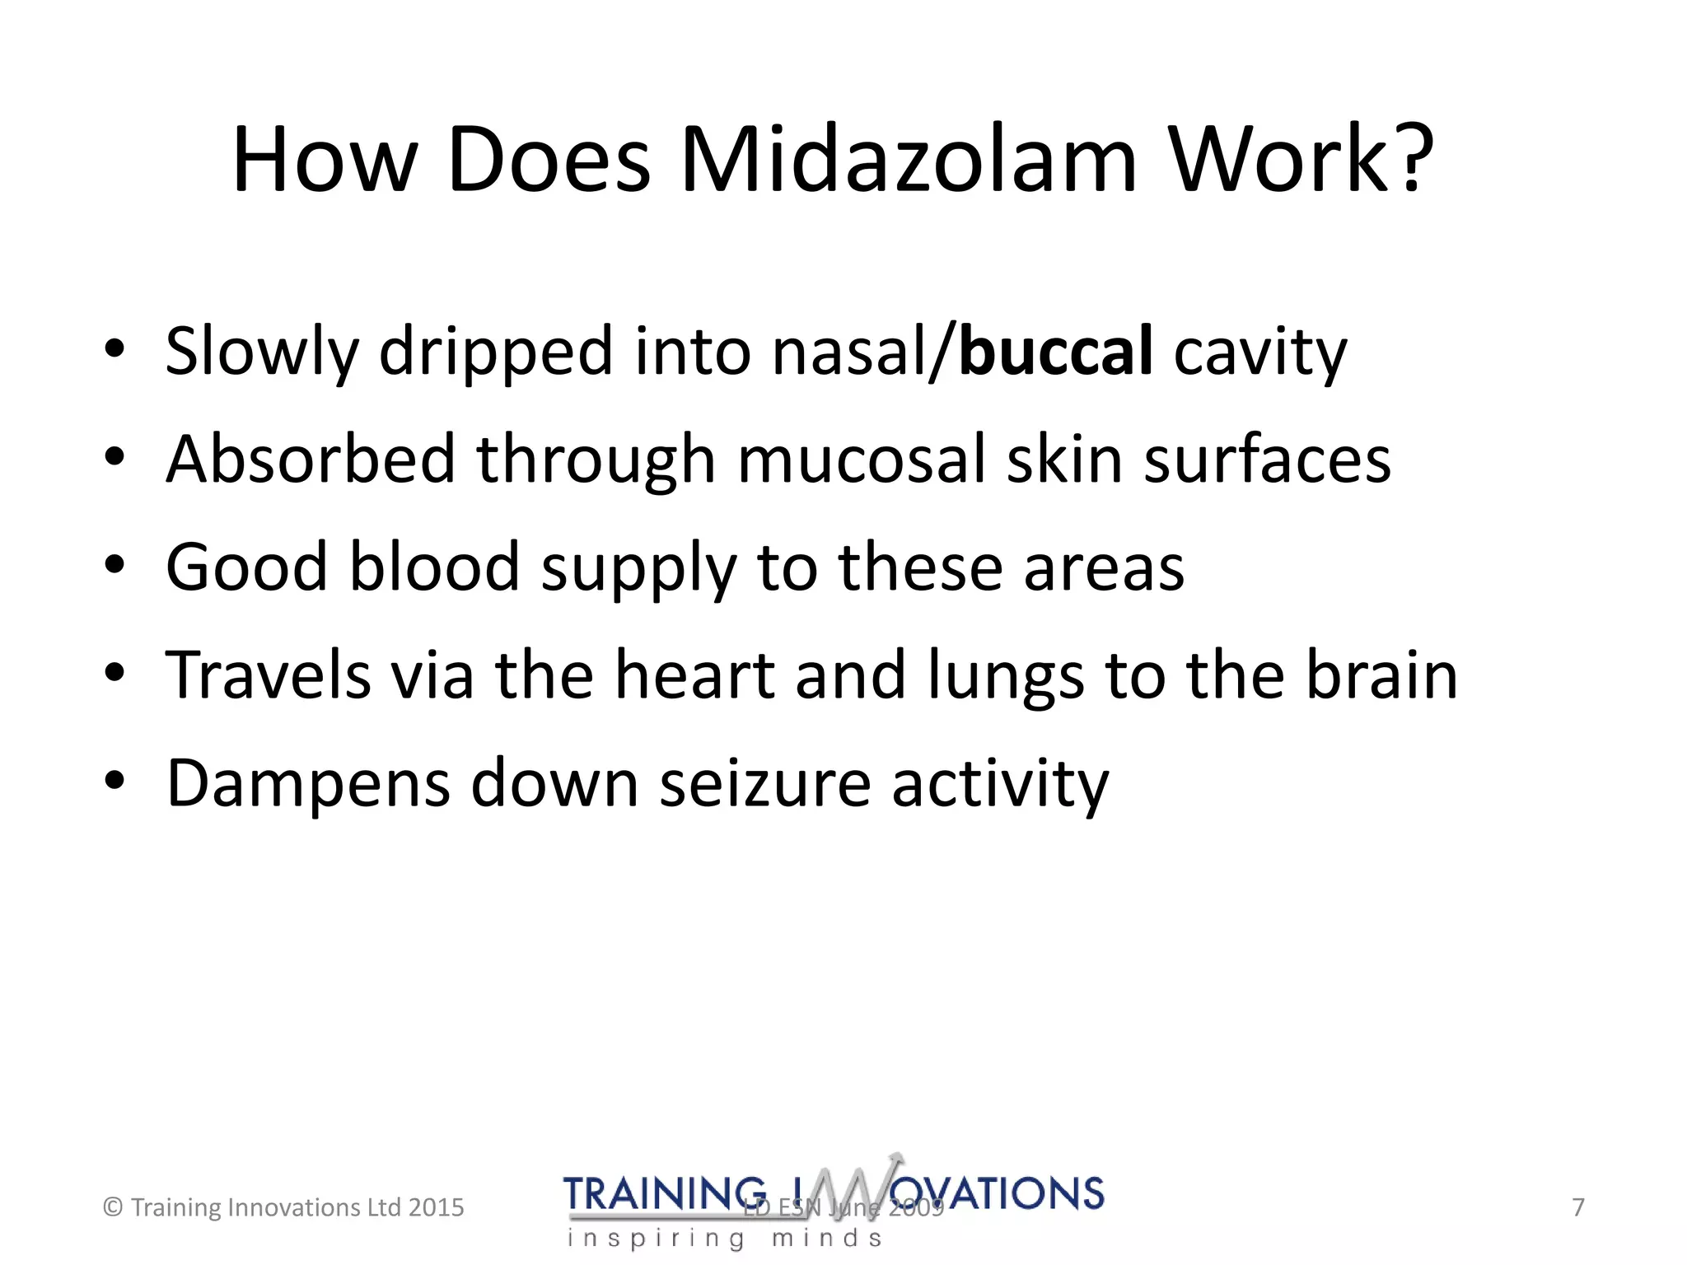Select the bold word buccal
(x=1055, y=352)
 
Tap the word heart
(x=694, y=675)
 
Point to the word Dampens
(x=308, y=783)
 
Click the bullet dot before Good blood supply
(x=114, y=565)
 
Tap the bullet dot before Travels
(x=114, y=673)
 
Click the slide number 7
(x=1577, y=1207)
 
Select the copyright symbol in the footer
(x=113, y=1207)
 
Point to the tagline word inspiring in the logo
(x=656, y=1239)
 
